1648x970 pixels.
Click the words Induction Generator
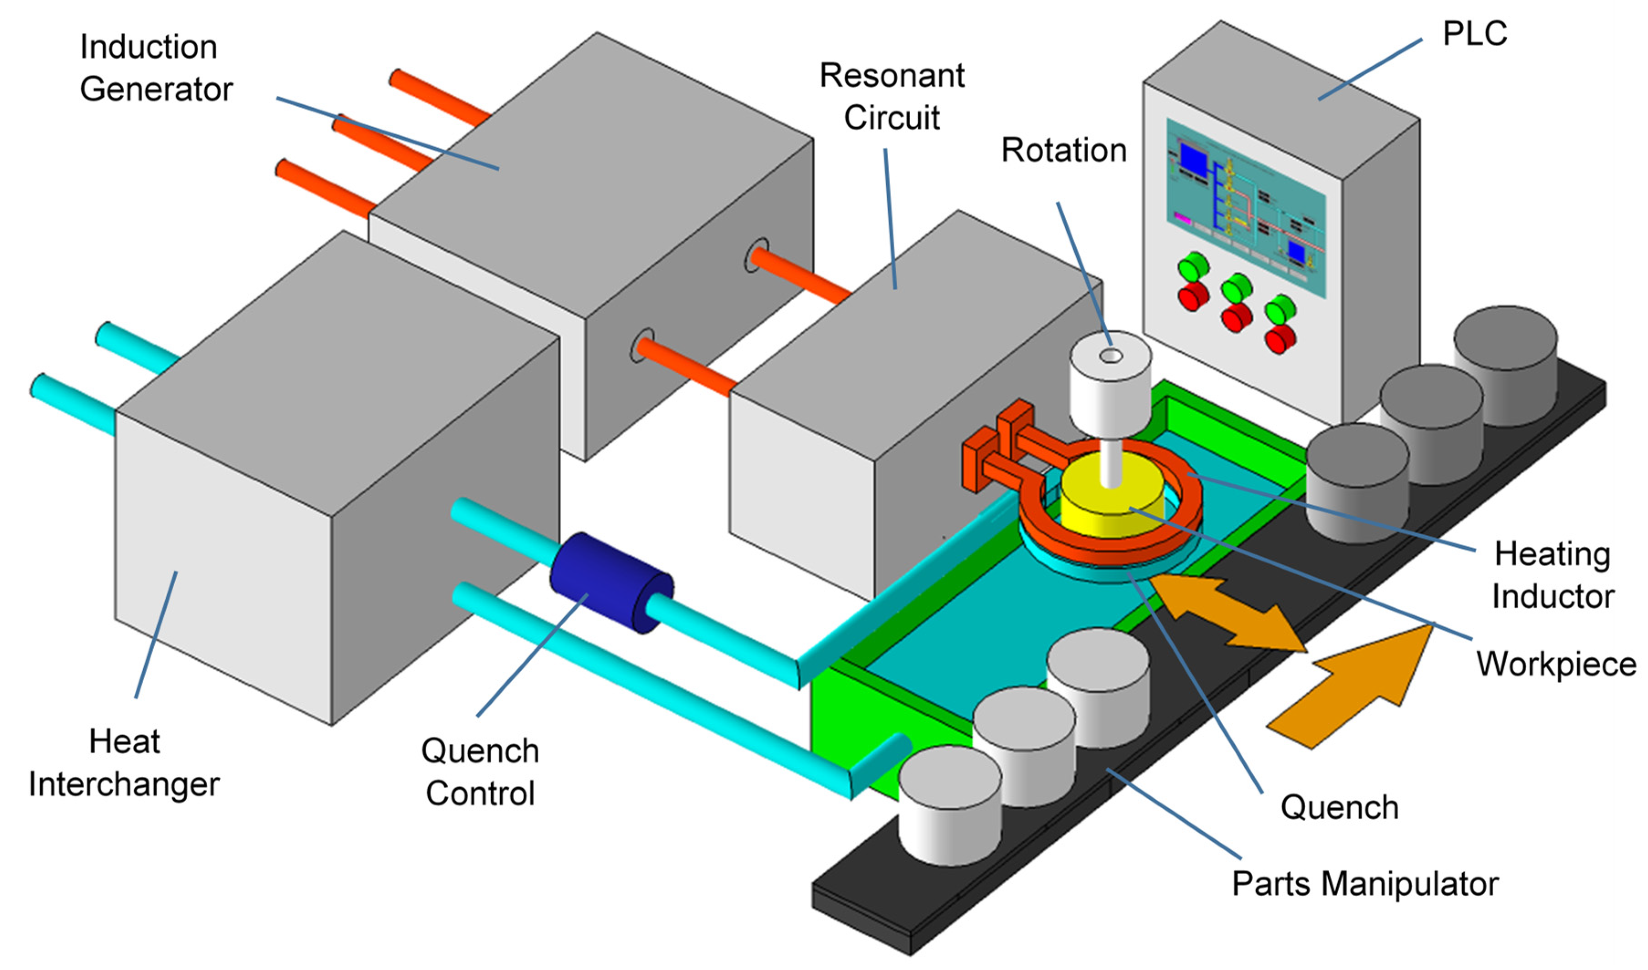(155, 68)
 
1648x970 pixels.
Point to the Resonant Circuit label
(891, 97)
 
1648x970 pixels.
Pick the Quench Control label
(480, 772)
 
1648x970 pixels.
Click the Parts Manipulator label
(1365, 884)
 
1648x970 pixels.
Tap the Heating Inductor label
(1552, 575)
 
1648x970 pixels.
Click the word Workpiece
(1556, 664)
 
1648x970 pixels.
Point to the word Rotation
(1064, 150)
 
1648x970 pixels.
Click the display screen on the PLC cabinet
(1246, 206)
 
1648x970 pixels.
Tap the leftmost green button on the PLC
(1193, 267)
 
